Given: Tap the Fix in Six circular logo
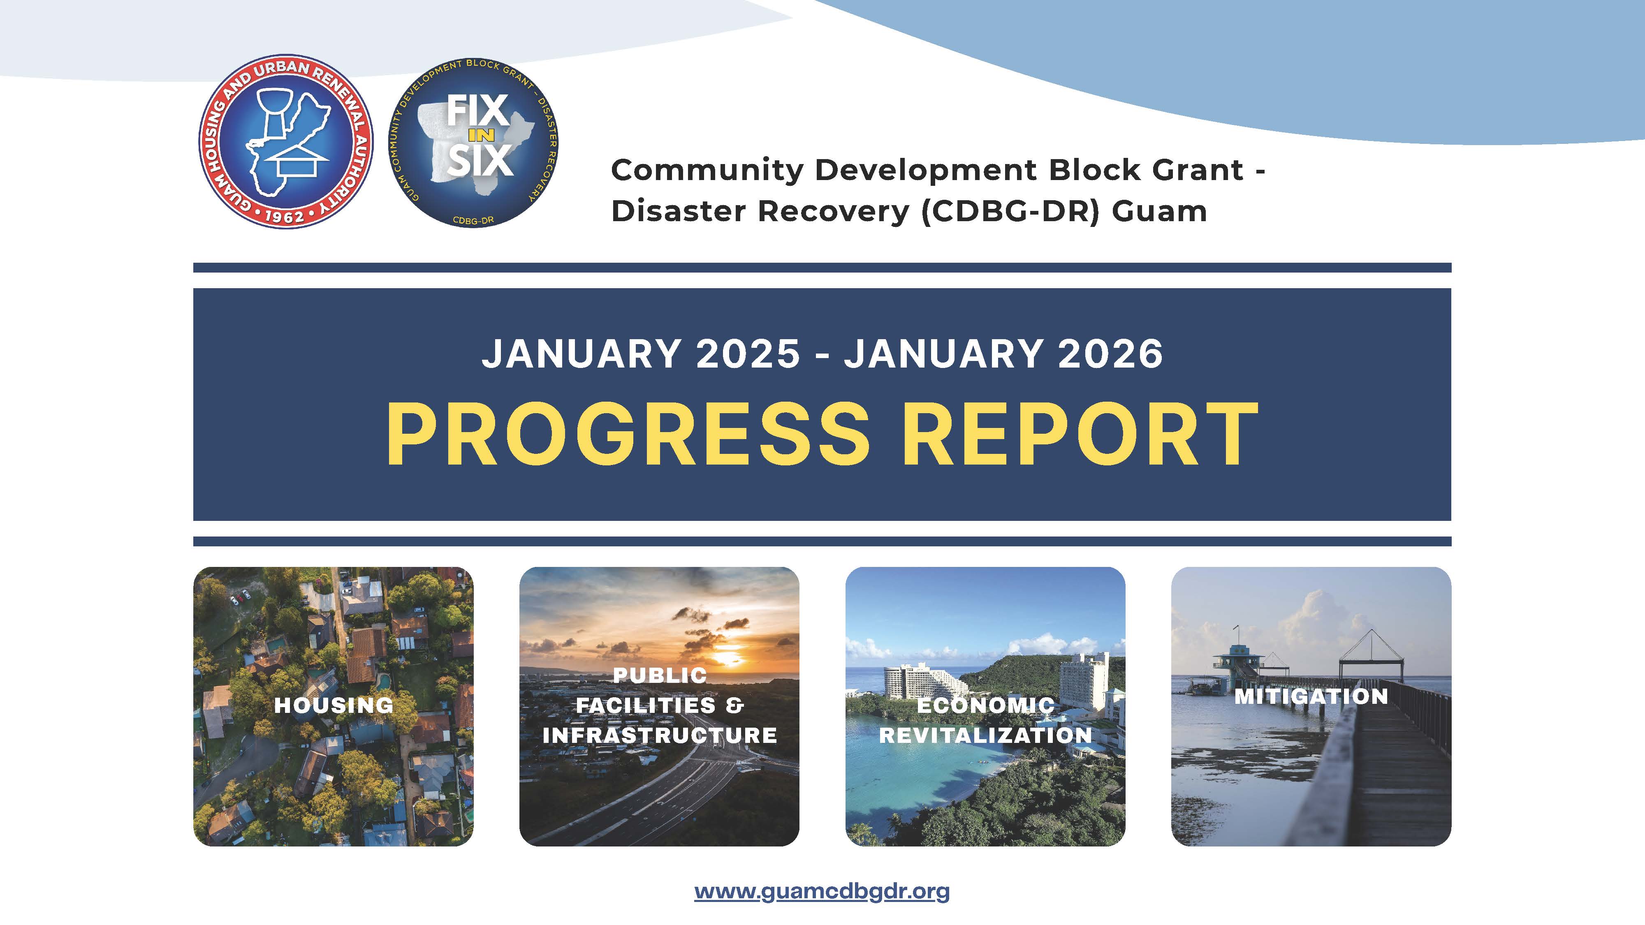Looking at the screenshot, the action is pos(474,142).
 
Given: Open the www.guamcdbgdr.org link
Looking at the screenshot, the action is pos(822,891).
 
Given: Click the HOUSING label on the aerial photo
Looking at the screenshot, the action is pos(334,705).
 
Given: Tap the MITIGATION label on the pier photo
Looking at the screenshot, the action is pos(1311,696).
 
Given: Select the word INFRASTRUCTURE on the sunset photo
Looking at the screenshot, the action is pos(660,735).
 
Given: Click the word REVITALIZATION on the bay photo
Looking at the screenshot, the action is pos(985,735).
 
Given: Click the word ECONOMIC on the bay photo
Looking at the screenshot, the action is pos(985,705).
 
